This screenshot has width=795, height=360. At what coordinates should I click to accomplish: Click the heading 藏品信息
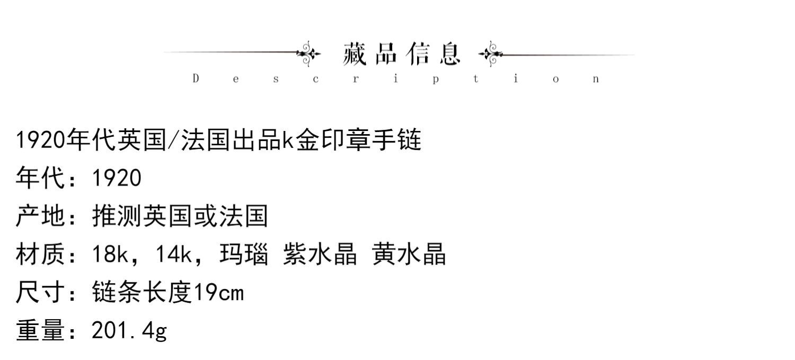point(402,54)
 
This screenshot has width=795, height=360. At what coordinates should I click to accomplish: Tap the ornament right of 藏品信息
point(490,54)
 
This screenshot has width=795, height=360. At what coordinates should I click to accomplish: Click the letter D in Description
point(196,79)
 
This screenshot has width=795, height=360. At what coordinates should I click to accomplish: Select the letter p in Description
point(435,80)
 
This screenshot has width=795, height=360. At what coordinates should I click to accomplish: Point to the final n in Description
point(596,80)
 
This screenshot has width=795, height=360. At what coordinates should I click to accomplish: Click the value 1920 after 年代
point(117,178)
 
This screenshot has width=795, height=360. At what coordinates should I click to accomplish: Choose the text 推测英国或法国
point(180,216)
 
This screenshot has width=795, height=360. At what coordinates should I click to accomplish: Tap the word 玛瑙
point(243,254)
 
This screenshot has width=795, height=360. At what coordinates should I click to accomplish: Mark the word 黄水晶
point(409,254)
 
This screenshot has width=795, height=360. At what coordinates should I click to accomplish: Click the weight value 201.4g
point(129,331)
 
